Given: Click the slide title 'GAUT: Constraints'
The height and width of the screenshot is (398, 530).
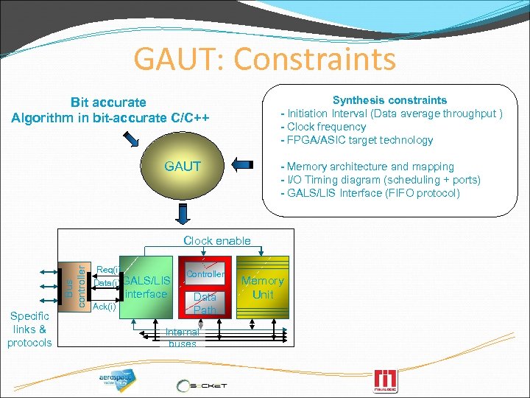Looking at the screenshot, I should [x=264, y=59].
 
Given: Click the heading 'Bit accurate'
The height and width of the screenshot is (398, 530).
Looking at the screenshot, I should [x=108, y=102].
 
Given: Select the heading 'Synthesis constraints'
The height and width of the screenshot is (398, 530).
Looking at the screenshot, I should [x=389, y=100].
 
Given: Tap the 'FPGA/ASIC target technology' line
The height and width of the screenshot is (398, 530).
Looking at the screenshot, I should [x=356, y=140].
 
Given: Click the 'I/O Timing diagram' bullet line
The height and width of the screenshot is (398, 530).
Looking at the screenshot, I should [x=379, y=180].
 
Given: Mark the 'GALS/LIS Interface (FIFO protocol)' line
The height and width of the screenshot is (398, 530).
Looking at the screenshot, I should [x=370, y=193].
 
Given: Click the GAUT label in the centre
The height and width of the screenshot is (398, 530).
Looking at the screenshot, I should [x=183, y=167].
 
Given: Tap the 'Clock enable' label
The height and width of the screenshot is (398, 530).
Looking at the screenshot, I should [x=217, y=241].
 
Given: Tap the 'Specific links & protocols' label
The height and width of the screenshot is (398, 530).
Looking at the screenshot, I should [x=29, y=329].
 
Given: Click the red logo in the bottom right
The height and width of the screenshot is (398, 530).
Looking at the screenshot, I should [x=385, y=380].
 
